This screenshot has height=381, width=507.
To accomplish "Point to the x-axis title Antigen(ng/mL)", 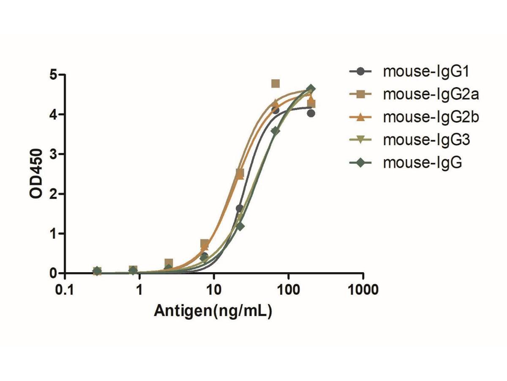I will [x=213, y=311].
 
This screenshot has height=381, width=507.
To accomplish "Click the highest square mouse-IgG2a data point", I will [x=275, y=83].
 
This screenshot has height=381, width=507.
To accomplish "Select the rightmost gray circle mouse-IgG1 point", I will [x=311, y=113].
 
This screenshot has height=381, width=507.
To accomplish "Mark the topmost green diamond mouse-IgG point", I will [x=311, y=88].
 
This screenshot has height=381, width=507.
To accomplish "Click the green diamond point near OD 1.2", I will [x=240, y=226].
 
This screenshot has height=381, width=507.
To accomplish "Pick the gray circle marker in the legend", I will [x=360, y=72].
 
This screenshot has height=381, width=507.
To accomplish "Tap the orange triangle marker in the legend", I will [x=360, y=117].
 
